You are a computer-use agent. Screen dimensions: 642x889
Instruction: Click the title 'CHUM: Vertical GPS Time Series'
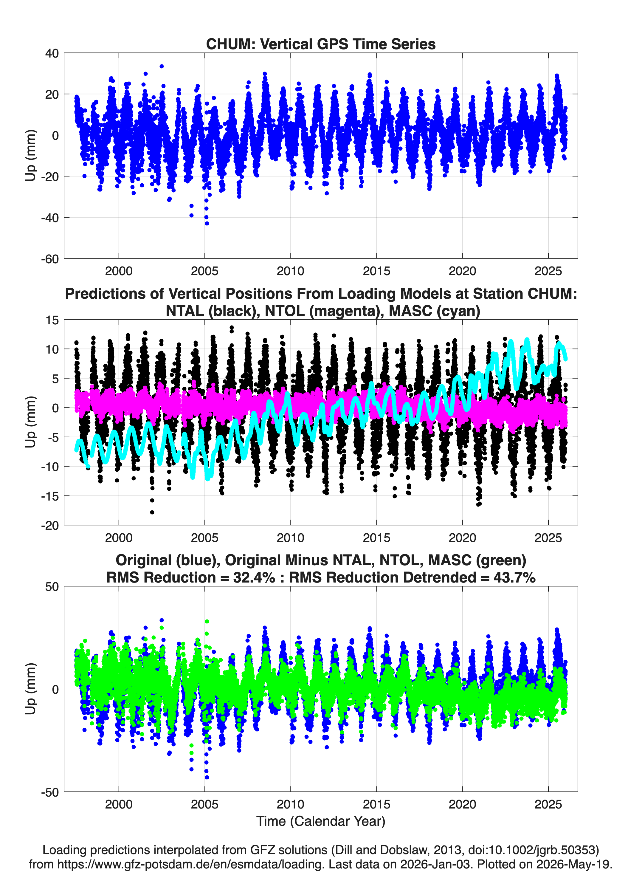click(321, 44)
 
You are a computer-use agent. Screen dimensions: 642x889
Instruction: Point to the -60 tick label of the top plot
click(49, 259)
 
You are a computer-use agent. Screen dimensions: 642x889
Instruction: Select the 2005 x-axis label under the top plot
click(204, 271)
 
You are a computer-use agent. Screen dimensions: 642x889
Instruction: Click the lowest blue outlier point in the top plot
click(207, 223)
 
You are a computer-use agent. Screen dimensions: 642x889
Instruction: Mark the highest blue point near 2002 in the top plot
click(162, 66)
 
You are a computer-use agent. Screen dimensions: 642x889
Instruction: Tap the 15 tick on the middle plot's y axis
click(52, 320)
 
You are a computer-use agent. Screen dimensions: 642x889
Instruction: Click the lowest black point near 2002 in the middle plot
click(152, 512)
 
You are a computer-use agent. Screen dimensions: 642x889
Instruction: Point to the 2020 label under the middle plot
click(463, 538)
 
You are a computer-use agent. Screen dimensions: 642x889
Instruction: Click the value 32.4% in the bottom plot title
click(254, 578)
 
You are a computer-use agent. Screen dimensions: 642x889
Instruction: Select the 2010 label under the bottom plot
click(290, 805)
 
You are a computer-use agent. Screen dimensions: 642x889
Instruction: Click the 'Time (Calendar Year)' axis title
click(321, 821)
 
